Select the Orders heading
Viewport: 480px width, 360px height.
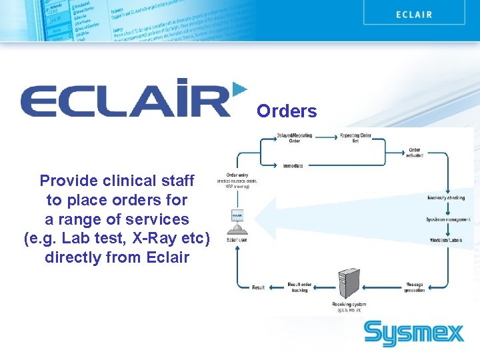click(x=287, y=111)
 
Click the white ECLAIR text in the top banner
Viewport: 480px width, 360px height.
click(x=413, y=14)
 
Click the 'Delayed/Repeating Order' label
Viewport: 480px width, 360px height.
click(x=294, y=138)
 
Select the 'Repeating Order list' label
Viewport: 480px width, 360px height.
click(x=355, y=138)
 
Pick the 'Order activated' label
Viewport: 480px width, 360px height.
click(x=414, y=153)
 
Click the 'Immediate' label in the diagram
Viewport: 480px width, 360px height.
click(x=293, y=165)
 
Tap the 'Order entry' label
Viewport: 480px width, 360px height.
click(x=237, y=175)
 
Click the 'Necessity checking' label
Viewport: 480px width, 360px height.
click(x=447, y=197)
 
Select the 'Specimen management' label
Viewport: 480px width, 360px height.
click(x=448, y=219)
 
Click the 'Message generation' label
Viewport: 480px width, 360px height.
click(x=414, y=287)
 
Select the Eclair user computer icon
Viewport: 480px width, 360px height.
click(x=237, y=220)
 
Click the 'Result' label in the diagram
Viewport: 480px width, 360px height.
click(x=258, y=287)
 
